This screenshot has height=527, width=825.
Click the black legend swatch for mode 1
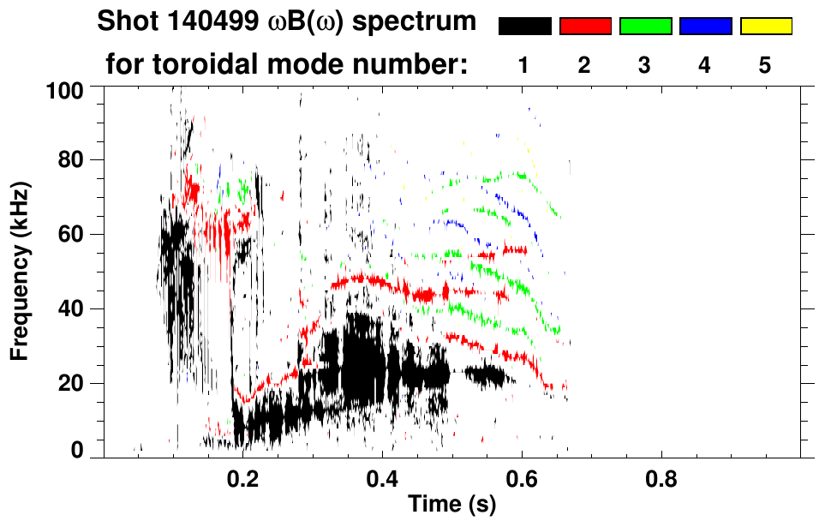click(x=524, y=27)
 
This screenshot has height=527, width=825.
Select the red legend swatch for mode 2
click(x=585, y=27)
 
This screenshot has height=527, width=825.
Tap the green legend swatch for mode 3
click(x=645, y=27)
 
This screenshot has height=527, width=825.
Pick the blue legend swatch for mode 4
click(x=705, y=27)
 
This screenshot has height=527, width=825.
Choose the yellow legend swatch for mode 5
click(x=765, y=27)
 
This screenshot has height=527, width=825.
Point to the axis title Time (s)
click(x=451, y=506)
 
